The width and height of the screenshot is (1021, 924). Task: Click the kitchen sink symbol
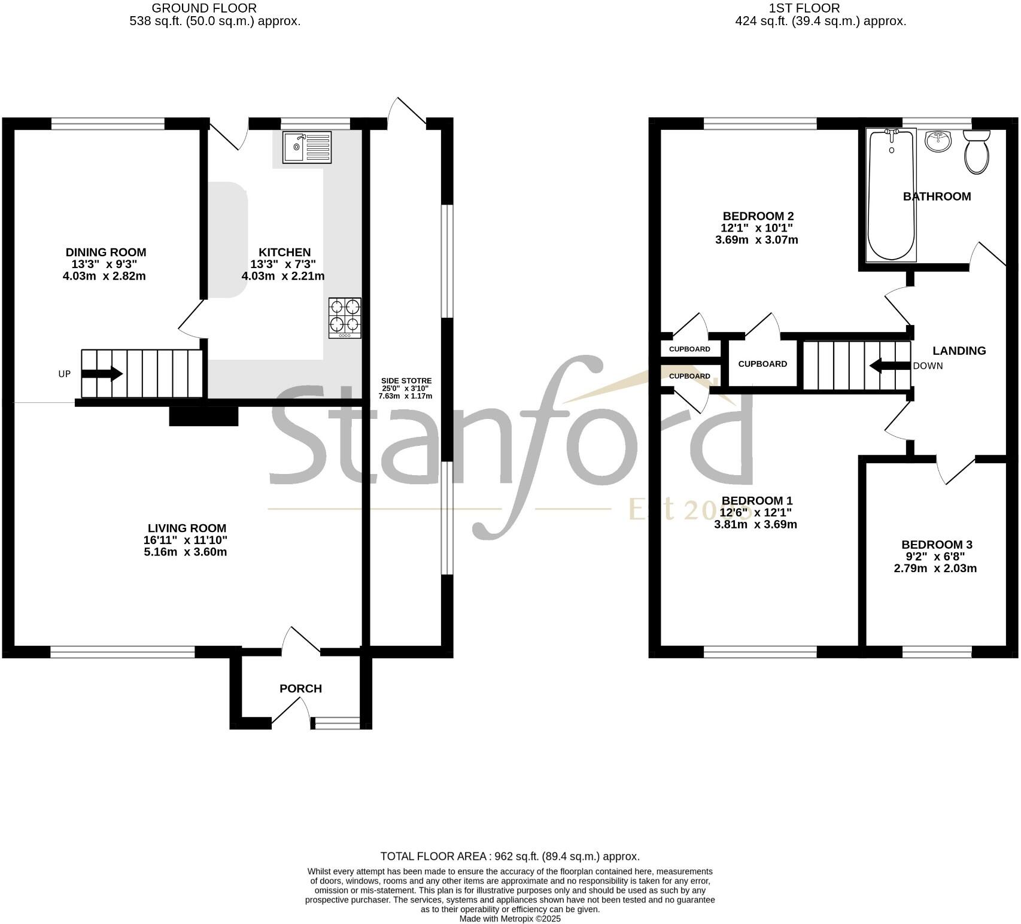[x=307, y=147]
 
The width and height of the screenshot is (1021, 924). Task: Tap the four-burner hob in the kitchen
[x=345, y=317]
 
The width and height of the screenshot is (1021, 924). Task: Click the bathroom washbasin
[x=937, y=142]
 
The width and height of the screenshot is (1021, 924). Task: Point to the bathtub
[x=892, y=196]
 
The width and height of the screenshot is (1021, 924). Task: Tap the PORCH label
[x=300, y=689]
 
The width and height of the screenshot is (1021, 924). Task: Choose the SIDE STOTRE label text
[x=406, y=381]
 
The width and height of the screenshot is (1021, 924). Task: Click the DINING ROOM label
[x=106, y=253]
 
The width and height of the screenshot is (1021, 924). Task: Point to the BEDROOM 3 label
[x=937, y=545]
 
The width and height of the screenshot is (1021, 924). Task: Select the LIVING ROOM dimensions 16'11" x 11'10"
[x=185, y=540]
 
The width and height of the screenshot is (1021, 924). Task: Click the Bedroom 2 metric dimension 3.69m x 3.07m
[x=756, y=240]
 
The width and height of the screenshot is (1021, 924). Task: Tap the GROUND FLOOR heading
[x=204, y=8]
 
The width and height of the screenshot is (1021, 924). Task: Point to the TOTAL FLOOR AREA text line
[x=510, y=856]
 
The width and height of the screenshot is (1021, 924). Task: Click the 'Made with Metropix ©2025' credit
[x=510, y=919]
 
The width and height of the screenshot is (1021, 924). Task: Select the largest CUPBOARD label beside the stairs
[x=762, y=364]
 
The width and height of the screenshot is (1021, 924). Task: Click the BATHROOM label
[x=937, y=196]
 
